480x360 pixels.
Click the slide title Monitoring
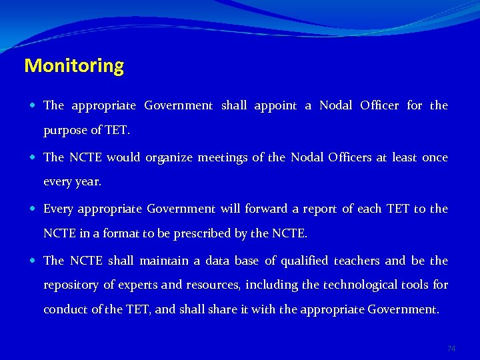[x=74, y=66]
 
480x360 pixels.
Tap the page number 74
[x=451, y=349]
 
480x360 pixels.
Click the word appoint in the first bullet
[x=275, y=105]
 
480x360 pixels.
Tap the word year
[x=90, y=181]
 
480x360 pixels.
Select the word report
[x=320, y=209]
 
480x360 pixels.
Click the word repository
[x=71, y=285]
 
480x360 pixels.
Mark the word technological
[x=361, y=285]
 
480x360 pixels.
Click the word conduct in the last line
[x=63, y=309]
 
